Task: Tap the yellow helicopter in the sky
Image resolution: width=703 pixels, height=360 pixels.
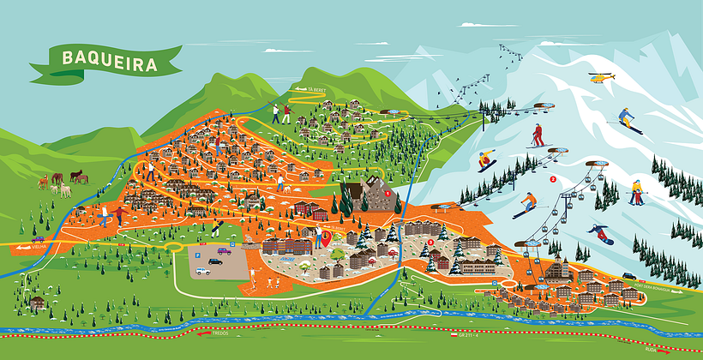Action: click(x=603, y=78)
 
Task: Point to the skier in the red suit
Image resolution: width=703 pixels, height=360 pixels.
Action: click(x=538, y=135)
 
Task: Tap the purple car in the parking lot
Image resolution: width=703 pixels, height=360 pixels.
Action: click(x=224, y=251)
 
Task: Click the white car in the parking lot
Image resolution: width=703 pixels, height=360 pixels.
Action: click(x=201, y=271)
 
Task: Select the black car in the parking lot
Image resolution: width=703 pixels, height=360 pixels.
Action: click(x=214, y=261)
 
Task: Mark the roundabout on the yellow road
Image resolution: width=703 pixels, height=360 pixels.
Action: click(x=175, y=244)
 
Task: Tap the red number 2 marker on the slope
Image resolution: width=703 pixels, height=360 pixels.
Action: click(x=553, y=179)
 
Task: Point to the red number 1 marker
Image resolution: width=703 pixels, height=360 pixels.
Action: click(x=396, y=194)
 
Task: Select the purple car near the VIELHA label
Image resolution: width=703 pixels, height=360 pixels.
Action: click(x=39, y=239)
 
